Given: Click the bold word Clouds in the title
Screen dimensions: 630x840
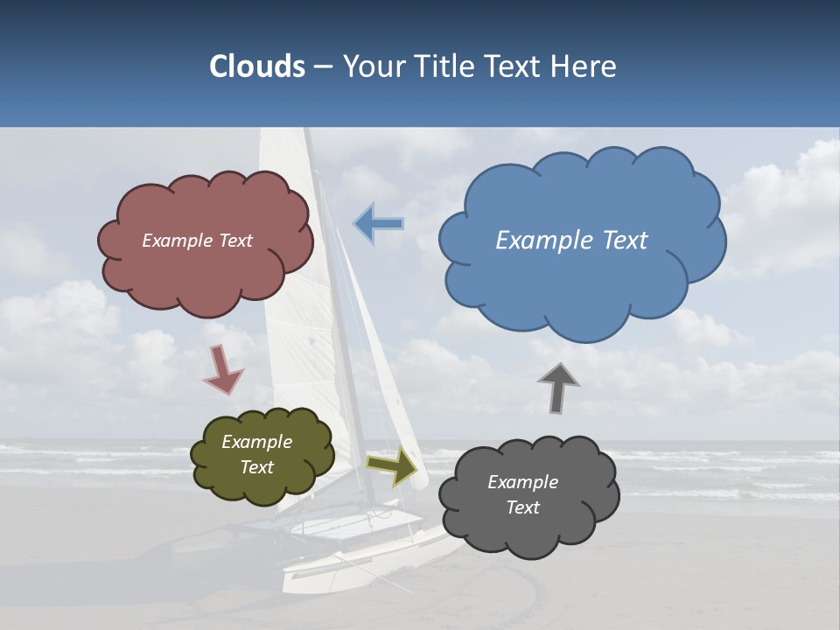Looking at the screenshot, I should [257, 66].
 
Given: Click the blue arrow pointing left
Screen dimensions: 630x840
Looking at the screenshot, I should [378, 223].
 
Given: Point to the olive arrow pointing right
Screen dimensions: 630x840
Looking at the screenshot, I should [392, 465].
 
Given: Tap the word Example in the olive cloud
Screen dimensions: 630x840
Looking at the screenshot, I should [256, 442].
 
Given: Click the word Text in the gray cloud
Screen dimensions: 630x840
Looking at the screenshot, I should [522, 507].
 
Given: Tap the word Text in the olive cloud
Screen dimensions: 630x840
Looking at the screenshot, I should [256, 467].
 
